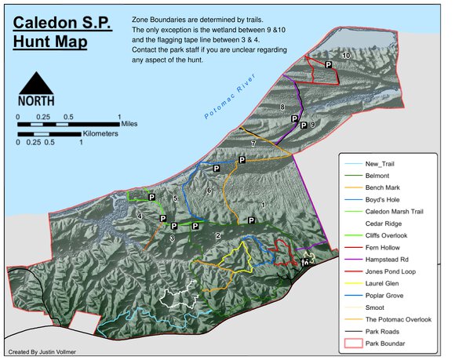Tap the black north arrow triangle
click(35, 82)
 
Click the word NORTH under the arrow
click(36, 100)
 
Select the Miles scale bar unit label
click(130, 124)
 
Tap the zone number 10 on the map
click(346, 56)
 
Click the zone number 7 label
click(253, 145)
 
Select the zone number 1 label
click(261, 205)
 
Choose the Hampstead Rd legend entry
click(389, 259)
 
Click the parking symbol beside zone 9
click(304, 125)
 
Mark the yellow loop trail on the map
click(235, 256)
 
